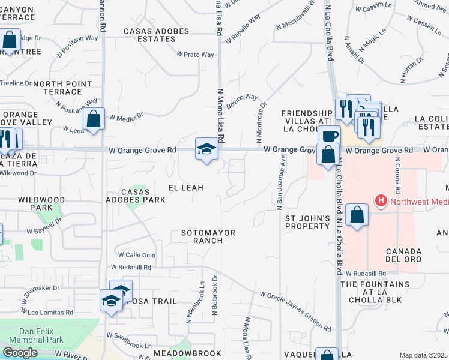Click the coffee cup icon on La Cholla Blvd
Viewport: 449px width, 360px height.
tap(328, 136)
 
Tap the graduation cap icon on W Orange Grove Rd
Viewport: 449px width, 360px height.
tap(206, 149)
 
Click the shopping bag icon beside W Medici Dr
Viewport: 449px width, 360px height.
tap(94, 119)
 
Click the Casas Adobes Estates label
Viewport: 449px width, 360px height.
tap(149, 35)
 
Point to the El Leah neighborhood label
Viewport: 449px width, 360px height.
tap(185, 188)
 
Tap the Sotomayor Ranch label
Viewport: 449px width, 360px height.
tap(208, 236)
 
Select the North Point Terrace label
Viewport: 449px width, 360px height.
tap(58, 88)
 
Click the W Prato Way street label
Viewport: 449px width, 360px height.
tap(195, 55)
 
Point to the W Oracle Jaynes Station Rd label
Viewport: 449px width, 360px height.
tap(295, 311)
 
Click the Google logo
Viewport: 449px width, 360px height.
tap(20, 353)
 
